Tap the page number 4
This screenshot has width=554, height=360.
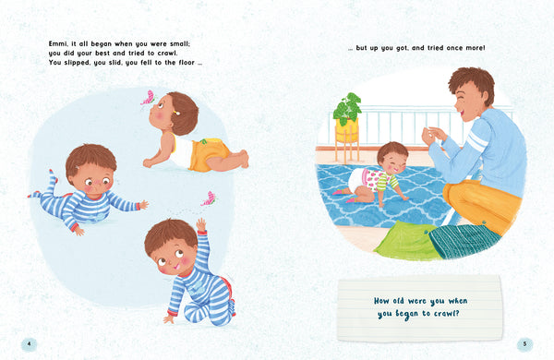click(x=29, y=344)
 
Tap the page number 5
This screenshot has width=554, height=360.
click(x=524, y=344)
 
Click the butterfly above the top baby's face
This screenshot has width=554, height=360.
click(x=148, y=98)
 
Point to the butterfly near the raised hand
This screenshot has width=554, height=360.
click(x=209, y=198)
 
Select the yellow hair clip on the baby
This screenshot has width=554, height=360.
click(x=175, y=113)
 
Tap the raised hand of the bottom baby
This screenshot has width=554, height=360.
click(x=201, y=224)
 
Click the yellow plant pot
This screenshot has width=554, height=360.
click(x=347, y=130)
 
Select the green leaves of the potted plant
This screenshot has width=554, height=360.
click(x=348, y=108)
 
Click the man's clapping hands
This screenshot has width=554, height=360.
click(x=433, y=136)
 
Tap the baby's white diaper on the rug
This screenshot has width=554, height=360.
click(x=355, y=179)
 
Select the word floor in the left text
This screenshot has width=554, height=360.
click(x=187, y=63)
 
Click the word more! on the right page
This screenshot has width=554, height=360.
click(x=476, y=48)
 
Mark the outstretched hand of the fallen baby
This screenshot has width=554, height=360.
click(x=143, y=204)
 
